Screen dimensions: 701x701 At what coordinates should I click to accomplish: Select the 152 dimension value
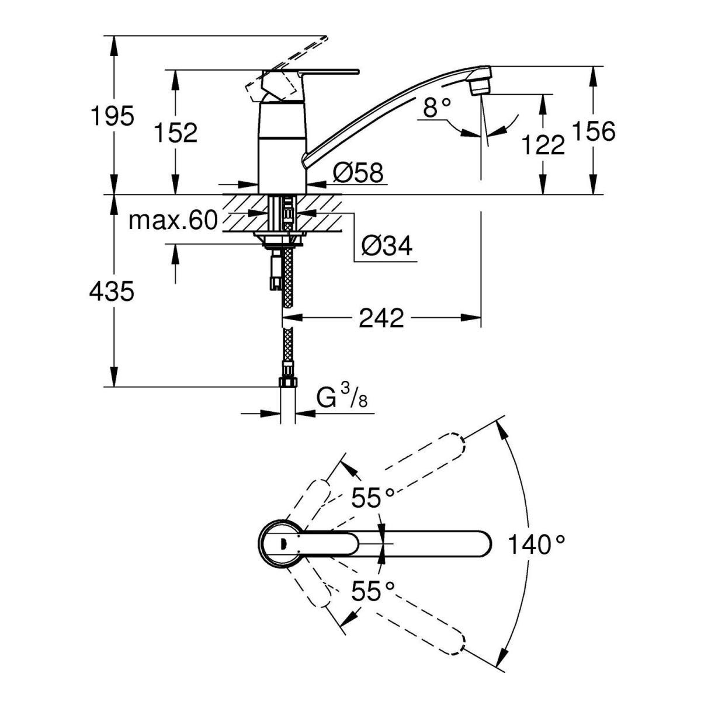click(x=176, y=133)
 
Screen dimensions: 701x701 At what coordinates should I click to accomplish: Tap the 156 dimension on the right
click(x=594, y=131)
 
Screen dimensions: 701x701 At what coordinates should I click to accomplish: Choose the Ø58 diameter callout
click(x=358, y=173)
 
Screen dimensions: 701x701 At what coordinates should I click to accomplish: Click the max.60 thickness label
click(x=173, y=220)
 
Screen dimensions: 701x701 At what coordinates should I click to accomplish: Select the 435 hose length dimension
click(x=112, y=290)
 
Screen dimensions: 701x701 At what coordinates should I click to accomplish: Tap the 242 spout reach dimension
click(x=381, y=318)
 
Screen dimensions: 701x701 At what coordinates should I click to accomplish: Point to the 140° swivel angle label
click(x=536, y=545)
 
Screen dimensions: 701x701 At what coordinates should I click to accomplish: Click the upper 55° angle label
click(x=373, y=498)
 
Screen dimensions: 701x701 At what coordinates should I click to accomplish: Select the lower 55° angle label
click(x=373, y=591)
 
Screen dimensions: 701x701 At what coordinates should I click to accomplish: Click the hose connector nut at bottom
click(x=287, y=381)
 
